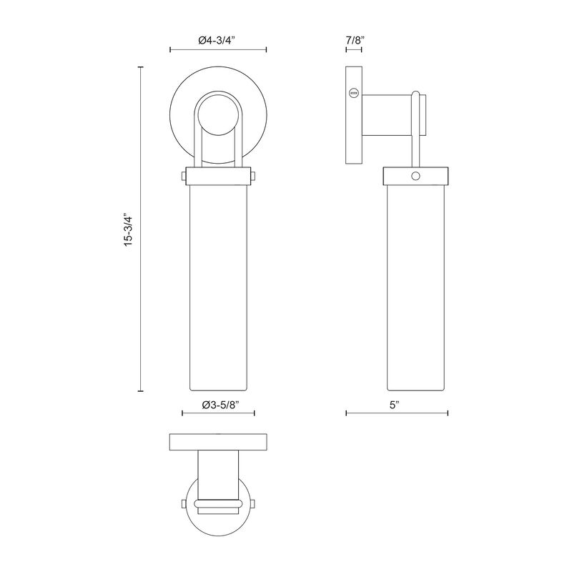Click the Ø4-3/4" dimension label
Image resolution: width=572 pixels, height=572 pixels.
[218, 40]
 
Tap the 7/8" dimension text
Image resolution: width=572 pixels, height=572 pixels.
[353, 40]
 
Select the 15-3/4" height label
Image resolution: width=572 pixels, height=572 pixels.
[129, 230]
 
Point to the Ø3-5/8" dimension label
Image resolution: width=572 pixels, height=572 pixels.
[220, 405]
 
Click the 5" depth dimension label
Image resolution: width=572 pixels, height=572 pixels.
[395, 405]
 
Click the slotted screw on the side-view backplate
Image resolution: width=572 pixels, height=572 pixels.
[353, 93]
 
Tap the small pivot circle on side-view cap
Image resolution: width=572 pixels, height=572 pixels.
[415, 177]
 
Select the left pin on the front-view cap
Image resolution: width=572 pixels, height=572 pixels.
[184, 176]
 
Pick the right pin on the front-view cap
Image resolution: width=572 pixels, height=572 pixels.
[253, 176]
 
